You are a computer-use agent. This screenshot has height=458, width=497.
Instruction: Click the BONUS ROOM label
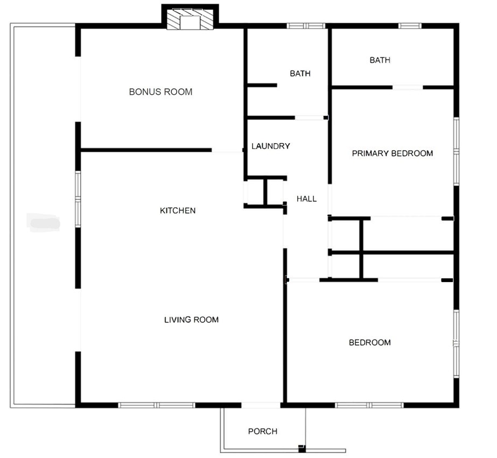pyautogui.click(x=160, y=92)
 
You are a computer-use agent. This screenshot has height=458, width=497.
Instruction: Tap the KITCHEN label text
pyautogui.click(x=178, y=210)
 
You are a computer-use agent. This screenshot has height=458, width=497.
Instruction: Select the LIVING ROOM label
pyautogui.click(x=191, y=320)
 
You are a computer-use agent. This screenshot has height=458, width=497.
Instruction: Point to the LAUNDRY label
pyautogui.click(x=271, y=146)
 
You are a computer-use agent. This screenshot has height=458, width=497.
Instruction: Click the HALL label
pyautogui.click(x=306, y=199)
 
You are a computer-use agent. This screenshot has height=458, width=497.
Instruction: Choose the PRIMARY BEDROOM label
pyautogui.click(x=392, y=153)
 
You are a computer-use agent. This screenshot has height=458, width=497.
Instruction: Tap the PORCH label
pyautogui.click(x=263, y=431)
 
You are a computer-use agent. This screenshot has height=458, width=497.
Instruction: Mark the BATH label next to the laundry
pyautogui.click(x=300, y=73)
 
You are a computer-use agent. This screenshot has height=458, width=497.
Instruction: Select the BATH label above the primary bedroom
pyautogui.click(x=380, y=60)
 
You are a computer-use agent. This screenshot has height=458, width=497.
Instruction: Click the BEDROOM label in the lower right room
pyautogui.click(x=369, y=342)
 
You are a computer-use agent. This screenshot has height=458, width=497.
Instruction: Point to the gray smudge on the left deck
pyautogui.click(x=44, y=221)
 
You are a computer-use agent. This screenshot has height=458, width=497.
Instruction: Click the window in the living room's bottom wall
pyautogui.click(x=156, y=405)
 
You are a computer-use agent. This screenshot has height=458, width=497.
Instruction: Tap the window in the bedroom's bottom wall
pyautogui.click(x=369, y=405)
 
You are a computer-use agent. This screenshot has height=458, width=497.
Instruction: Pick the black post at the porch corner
pyautogui.click(x=302, y=448)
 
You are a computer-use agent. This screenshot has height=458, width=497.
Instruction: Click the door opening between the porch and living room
pyautogui.click(x=261, y=405)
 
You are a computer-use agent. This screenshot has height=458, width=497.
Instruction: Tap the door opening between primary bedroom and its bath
pyautogui.click(x=407, y=87)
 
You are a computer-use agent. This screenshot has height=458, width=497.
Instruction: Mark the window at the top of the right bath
pyautogui.click(x=409, y=25)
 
